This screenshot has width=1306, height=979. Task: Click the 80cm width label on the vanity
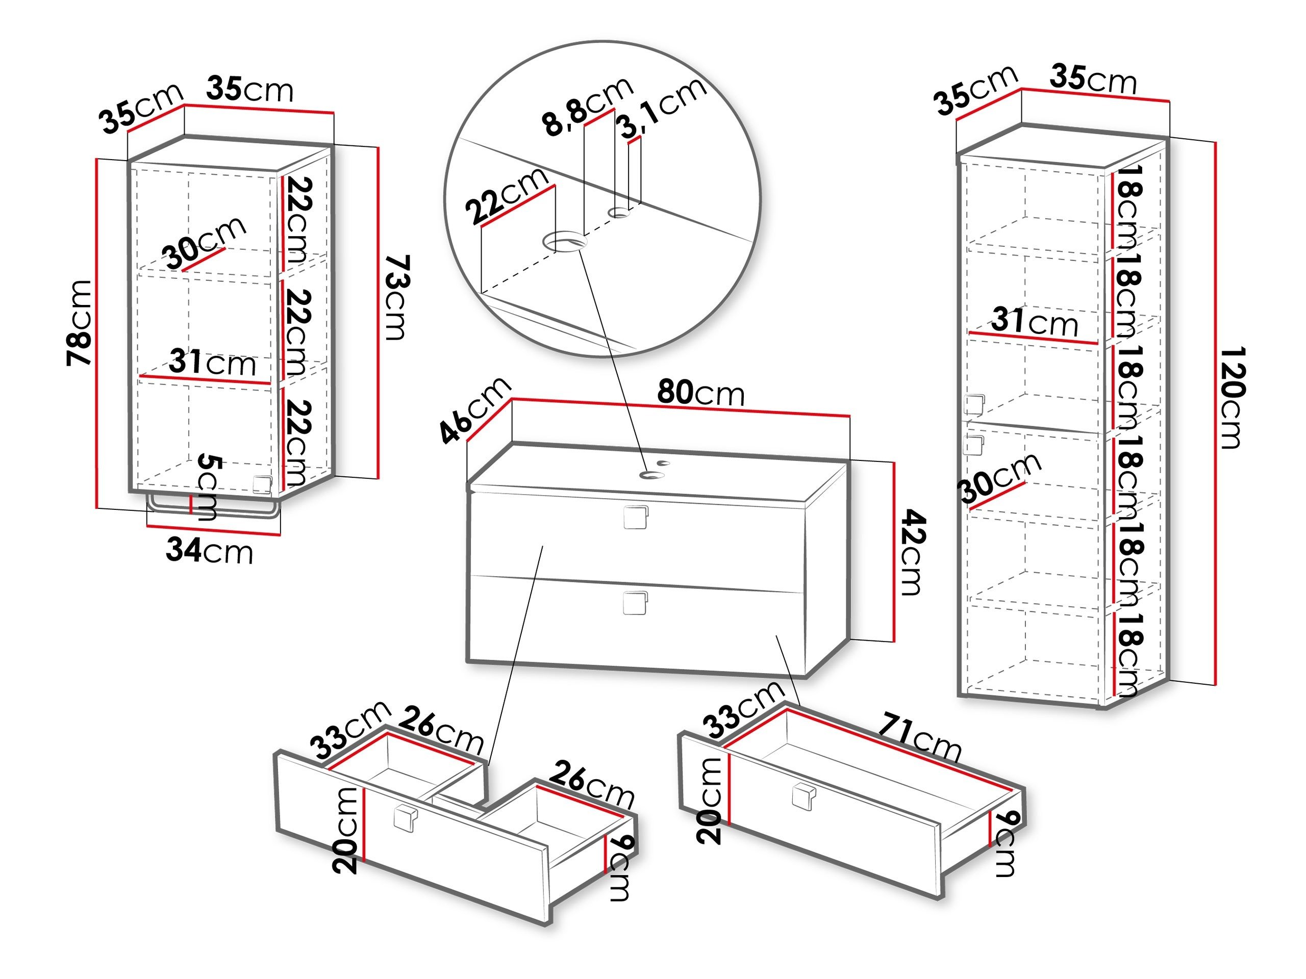coord(701,393)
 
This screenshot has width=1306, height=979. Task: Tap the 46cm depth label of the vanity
coord(474,409)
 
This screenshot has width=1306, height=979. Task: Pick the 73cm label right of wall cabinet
coord(395,297)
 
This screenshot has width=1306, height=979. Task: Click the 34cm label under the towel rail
coord(209,551)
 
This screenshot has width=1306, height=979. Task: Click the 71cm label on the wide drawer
coord(919,739)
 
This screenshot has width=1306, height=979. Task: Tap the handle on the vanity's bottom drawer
coord(635,603)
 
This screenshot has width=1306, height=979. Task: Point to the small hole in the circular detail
coord(619,213)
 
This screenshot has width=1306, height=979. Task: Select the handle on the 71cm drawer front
coord(803,795)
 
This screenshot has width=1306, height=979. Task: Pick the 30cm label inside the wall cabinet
coord(204,242)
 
